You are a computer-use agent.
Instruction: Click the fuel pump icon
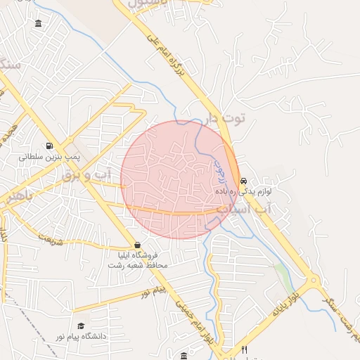coord(49,146)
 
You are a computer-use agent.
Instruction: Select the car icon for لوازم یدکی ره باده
coord(243,179)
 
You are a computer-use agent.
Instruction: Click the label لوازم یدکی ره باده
coord(244,191)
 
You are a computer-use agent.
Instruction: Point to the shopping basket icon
coord(136,244)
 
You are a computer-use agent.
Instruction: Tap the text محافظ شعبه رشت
coord(136,266)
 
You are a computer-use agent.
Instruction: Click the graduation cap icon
coord(81,326)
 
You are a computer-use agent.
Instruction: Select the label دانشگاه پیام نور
coord(81,337)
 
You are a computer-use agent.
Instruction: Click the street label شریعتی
coord(46,239)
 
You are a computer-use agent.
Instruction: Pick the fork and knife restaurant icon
coord(244,349)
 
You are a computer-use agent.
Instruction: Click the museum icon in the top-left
coord(37,23)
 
